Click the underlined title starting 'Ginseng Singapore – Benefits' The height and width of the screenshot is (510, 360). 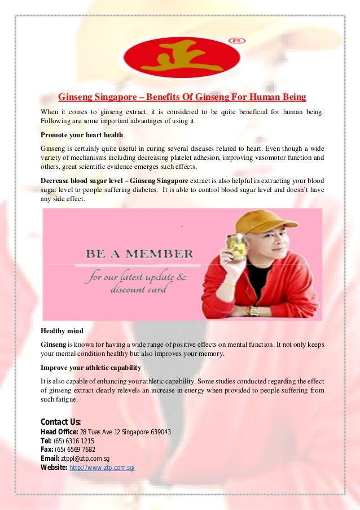pos(182,97)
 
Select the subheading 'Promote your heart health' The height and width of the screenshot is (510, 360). pos(82,135)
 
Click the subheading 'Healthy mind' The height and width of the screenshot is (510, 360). pos(62,331)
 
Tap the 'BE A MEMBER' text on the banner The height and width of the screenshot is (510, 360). pos(139,254)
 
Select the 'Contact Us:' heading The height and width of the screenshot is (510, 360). pos(61,422)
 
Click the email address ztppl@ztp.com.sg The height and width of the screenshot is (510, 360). pos(85,459)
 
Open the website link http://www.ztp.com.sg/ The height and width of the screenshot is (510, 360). pos(102,468)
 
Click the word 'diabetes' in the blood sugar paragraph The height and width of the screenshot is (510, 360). pos(141,190)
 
